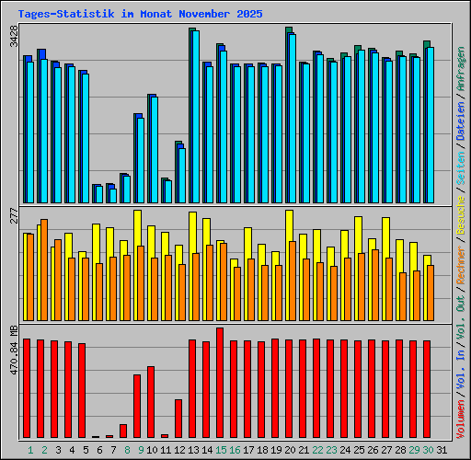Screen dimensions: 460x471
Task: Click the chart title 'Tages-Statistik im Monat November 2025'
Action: tap(140, 15)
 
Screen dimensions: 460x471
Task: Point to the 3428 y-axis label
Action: tap(13, 37)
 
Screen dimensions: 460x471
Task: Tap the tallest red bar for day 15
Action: tap(220, 382)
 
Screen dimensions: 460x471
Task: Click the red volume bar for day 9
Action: tap(137, 405)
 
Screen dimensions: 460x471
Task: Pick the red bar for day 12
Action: tap(178, 419)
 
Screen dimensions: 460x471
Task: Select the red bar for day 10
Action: tap(151, 401)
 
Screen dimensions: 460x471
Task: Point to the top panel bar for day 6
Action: tap(98, 193)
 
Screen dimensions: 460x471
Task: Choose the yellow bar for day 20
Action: tap(289, 226)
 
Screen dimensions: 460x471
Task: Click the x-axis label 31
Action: tap(442, 450)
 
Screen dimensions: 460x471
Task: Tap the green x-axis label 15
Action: tap(221, 450)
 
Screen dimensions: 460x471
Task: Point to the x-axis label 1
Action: tap(30, 450)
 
